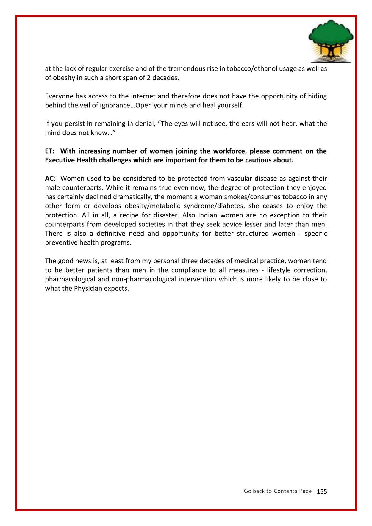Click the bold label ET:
point(50,151)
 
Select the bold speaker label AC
point(49,179)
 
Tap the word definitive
point(111,234)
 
